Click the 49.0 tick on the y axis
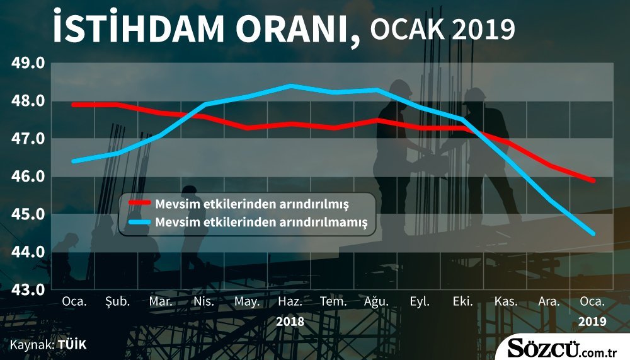tap(28, 63)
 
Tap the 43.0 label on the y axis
tap(28, 289)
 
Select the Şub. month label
tap(117, 301)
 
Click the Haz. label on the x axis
tap(290, 301)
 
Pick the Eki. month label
tap(462, 301)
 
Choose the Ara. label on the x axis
tap(549, 301)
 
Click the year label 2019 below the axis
tap(592, 322)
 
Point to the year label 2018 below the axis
tap(290, 322)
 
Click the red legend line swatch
tap(139, 203)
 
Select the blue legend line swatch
tap(139, 222)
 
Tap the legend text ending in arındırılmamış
tap(261, 222)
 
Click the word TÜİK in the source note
tap(72, 345)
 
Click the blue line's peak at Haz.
tap(290, 86)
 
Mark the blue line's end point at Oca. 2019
tap(593, 234)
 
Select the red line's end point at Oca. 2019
tap(593, 180)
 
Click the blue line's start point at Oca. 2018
tap(74, 161)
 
